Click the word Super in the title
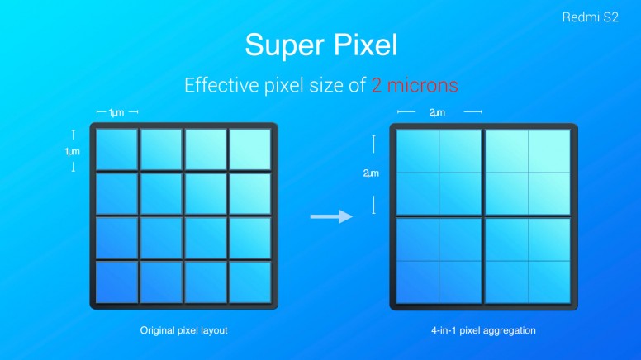tap(284, 45)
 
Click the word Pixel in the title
tap(365, 44)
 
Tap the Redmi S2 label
tap(590, 17)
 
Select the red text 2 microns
tap(415, 85)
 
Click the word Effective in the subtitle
tap(221, 85)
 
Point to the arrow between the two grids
tap(331, 216)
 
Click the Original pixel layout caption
tap(183, 330)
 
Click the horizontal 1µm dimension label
tap(116, 112)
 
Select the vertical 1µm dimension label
tap(73, 152)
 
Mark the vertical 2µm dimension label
tap(371, 173)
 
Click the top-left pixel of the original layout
tap(117, 149)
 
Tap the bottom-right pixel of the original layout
tap(249, 282)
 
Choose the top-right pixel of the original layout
tap(249, 149)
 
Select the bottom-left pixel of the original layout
tap(117, 282)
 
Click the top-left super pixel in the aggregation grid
tap(439, 173)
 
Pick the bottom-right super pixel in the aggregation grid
tap(528, 261)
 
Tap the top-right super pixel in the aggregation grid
tap(528, 173)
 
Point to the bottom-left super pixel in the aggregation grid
tap(439, 261)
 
